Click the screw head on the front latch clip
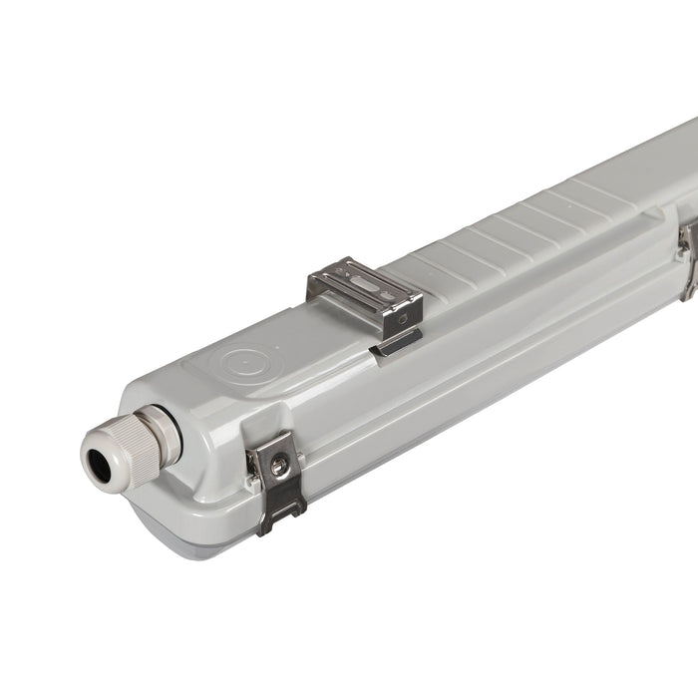click(x=280, y=465)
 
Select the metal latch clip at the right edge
click(x=688, y=257)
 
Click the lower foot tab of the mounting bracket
click(x=396, y=343)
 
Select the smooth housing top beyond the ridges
click(x=648, y=165)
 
